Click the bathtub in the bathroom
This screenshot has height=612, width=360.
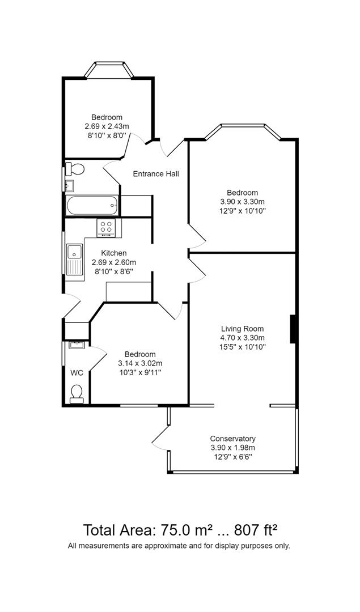point(91,206)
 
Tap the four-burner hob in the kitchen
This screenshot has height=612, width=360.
point(106,228)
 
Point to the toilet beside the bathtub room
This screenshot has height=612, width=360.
point(75,168)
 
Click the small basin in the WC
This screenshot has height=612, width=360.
point(76,344)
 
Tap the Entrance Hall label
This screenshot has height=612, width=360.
point(156,173)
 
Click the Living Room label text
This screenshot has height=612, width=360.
point(242,329)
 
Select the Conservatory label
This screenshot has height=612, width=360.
point(232,439)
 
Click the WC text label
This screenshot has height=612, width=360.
point(77,373)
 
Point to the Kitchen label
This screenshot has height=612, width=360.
point(114,253)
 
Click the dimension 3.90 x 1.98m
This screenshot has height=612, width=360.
point(232,448)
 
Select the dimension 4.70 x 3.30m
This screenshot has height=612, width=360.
point(242,338)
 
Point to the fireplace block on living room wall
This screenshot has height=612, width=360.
point(293,329)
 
